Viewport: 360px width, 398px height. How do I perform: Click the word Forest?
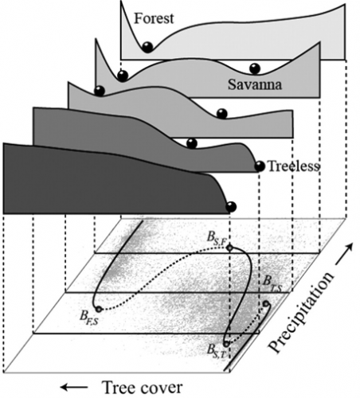(154, 18)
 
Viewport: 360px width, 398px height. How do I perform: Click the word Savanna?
(255, 85)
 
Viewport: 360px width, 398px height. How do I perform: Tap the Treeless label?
(293, 166)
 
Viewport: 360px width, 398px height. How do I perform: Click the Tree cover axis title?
(143, 388)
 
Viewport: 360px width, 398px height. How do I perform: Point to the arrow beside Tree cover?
(74, 388)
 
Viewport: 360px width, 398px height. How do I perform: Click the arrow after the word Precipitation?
(344, 254)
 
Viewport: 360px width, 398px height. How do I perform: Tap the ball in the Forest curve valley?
(147, 47)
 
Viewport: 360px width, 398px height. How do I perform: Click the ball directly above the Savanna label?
(255, 68)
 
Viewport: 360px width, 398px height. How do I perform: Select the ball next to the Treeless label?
(260, 166)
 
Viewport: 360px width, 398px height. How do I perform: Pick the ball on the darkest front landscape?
(231, 206)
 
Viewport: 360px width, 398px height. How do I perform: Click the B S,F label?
(217, 237)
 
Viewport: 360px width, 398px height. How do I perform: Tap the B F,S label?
(89, 317)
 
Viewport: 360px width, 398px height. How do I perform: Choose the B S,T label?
(217, 352)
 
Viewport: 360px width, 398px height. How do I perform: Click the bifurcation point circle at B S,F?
(230, 248)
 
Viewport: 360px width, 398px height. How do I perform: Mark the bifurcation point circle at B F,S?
(99, 309)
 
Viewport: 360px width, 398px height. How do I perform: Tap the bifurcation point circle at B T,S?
(266, 303)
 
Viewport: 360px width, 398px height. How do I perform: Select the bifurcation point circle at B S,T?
(226, 344)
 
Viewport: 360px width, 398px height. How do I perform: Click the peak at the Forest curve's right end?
(345, 5)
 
